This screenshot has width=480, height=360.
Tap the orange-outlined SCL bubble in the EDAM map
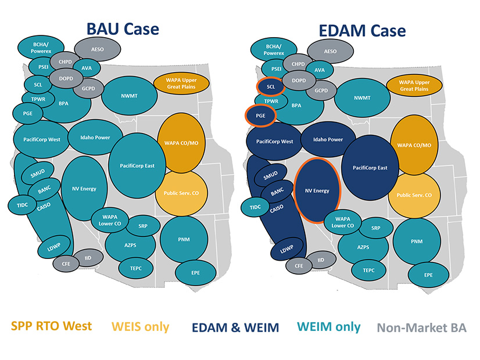tap(270, 87)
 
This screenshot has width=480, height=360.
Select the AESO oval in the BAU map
tap(97, 50)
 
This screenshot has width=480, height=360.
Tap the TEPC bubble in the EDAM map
tap(368, 269)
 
